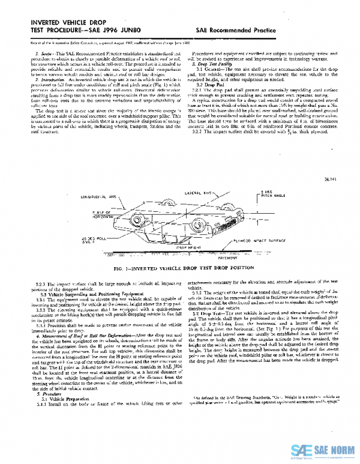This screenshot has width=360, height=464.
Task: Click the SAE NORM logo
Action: coord(325,450)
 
